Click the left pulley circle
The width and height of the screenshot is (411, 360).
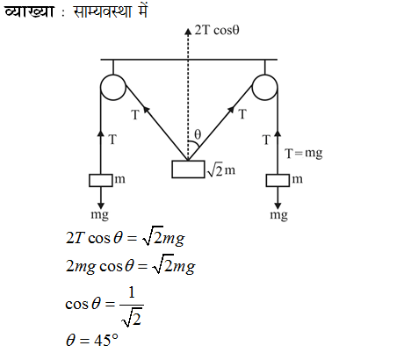point(100,87)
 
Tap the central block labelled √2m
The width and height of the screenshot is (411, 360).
point(188,169)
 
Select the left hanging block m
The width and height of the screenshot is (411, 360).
point(101,180)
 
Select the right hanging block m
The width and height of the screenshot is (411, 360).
point(278,180)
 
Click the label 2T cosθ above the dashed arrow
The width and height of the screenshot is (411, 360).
point(217,30)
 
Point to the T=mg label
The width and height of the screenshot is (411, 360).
point(304,153)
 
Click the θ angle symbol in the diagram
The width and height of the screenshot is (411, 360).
point(198,134)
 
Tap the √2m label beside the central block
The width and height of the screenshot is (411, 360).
point(221,170)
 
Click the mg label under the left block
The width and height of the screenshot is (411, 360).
point(100,215)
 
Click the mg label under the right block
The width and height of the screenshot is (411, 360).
point(278,215)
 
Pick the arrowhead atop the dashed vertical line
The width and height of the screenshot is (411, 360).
point(188,32)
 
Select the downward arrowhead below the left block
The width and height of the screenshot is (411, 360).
point(101,205)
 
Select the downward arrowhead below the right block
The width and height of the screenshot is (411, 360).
point(278,205)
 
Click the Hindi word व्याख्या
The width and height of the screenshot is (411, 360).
point(29,11)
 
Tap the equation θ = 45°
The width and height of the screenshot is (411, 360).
point(92,340)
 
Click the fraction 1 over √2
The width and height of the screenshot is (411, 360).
point(132,306)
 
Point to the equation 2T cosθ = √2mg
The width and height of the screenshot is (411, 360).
point(126,238)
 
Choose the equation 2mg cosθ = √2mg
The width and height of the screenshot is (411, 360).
point(131,266)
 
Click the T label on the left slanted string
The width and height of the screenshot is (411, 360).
point(135,115)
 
